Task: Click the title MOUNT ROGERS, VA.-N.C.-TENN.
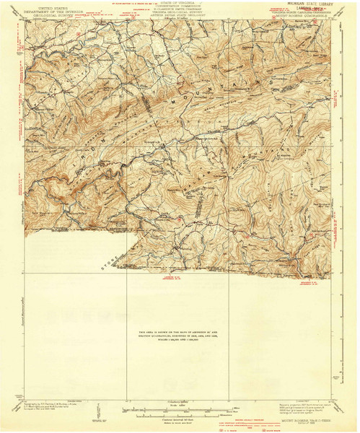pos(304,418)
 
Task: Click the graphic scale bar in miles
pos(180,409)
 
